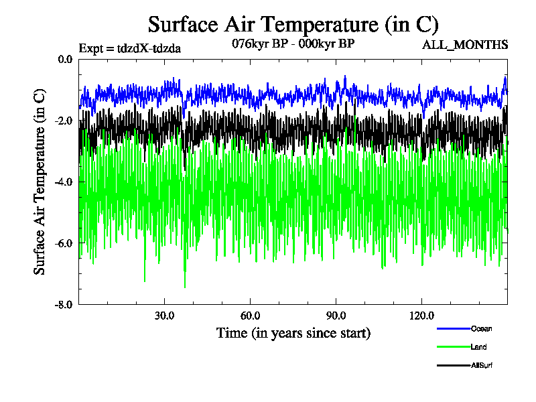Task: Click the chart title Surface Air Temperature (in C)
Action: pos(293,25)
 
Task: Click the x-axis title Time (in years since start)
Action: pos(293,333)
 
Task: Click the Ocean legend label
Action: pos(481,329)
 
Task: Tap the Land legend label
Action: pos(478,347)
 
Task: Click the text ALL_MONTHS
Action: pos(464,45)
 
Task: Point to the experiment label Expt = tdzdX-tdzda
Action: pos(130,48)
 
